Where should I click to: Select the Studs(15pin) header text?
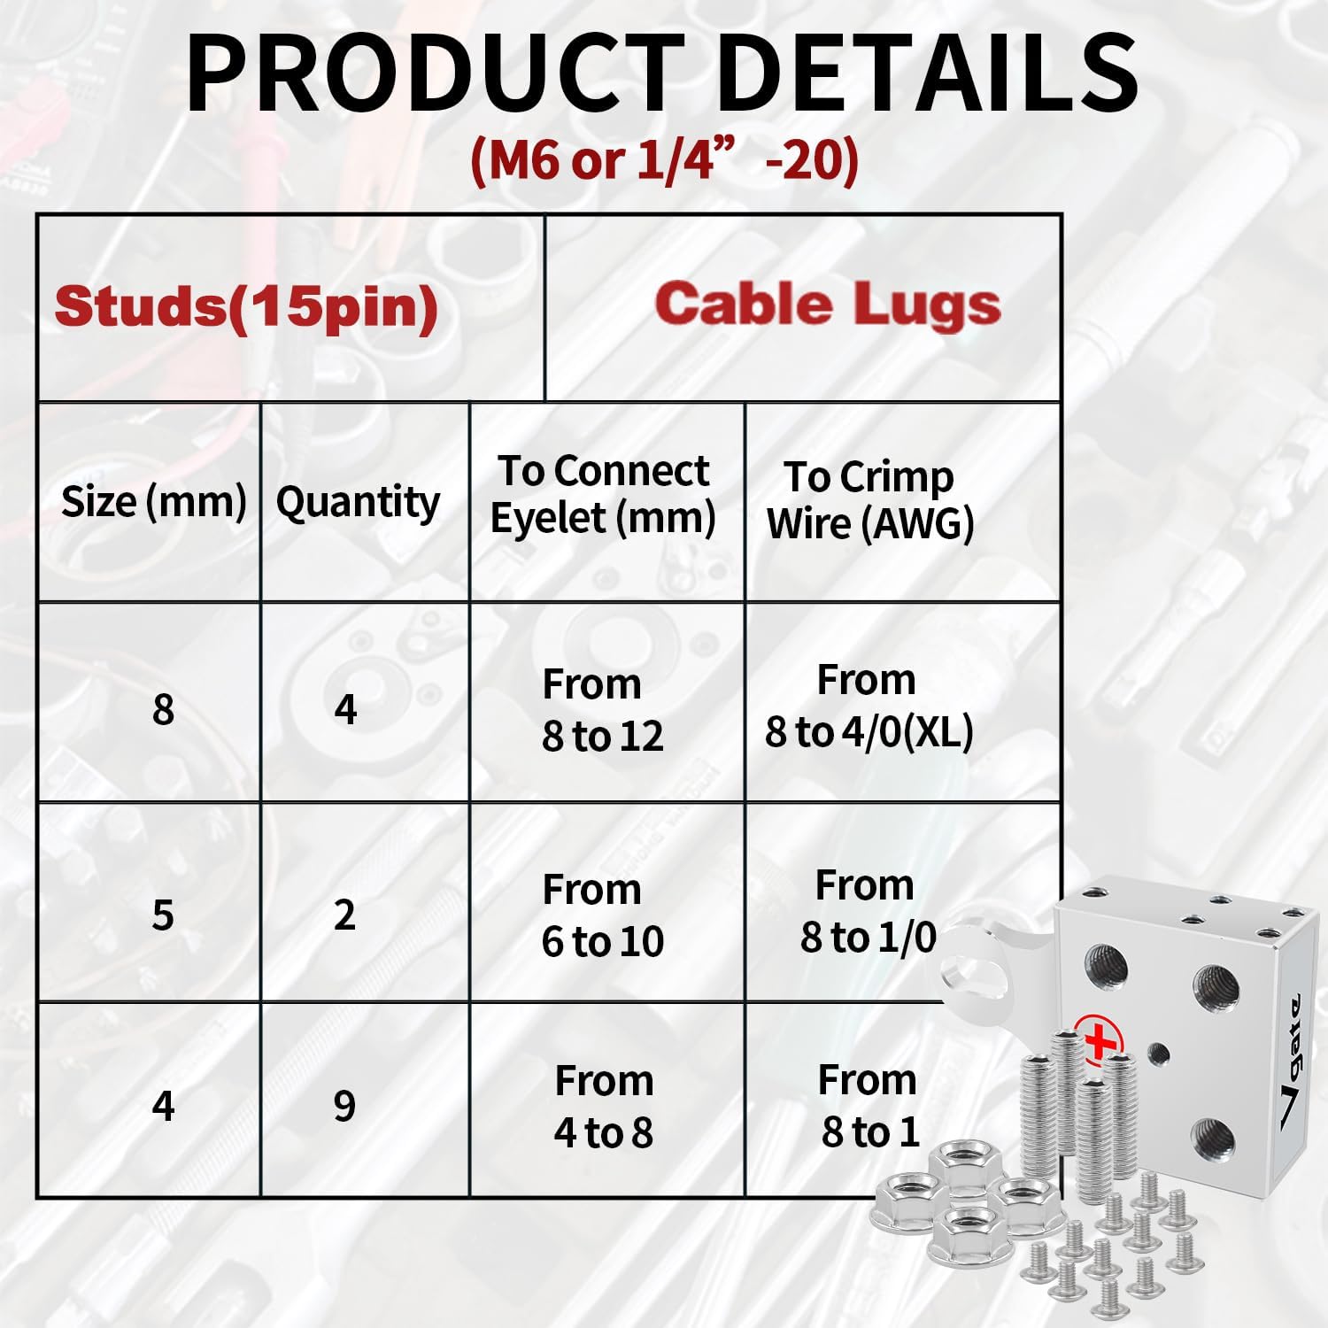[x=246, y=306]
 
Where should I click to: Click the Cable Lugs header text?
[x=828, y=305]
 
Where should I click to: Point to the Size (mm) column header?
[x=153, y=501]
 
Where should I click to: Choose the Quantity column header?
[x=358, y=502]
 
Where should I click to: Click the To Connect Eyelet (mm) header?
[x=603, y=494]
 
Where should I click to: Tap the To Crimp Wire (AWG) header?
[x=869, y=500]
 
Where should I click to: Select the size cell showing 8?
[x=163, y=709]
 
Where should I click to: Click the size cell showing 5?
[x=163, y=915]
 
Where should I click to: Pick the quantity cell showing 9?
[x=345, y=1106]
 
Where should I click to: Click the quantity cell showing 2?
[x=345, y=914]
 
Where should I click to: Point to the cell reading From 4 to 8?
[x=604, y=1107]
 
